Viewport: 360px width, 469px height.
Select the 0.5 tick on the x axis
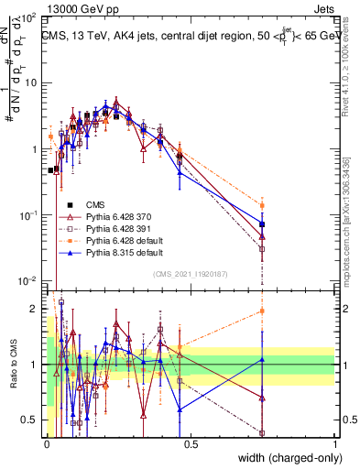tap(191, 444)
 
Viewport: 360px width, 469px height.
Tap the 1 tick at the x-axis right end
tap(335, 444)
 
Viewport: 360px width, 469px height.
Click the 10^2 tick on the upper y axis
tap(33, 17)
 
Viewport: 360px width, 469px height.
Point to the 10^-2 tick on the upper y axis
tap(33, 280)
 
